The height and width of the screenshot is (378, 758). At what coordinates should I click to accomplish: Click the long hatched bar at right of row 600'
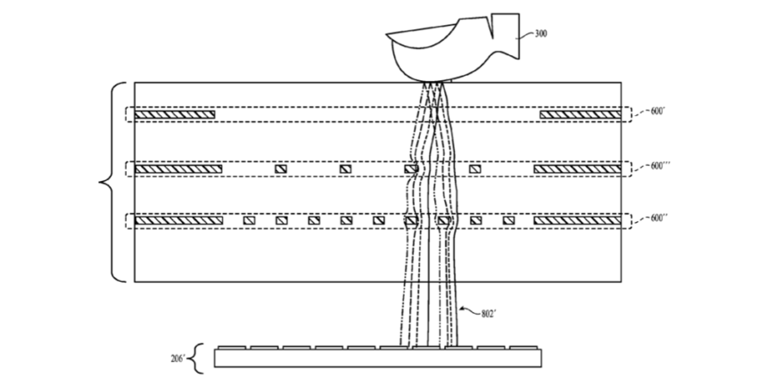[580, 114]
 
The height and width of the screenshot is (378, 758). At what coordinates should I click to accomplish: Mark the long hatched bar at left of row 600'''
[177, 168]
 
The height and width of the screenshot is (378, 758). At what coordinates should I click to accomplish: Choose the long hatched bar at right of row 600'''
[576, 168]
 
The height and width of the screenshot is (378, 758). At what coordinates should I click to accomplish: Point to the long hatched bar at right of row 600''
[576, 219]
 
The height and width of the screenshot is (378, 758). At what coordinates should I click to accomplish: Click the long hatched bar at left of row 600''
[178, 219]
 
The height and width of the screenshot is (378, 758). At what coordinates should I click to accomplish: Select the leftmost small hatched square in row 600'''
[281, 168]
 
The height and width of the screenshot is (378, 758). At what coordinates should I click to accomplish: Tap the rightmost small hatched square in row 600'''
[475, 168]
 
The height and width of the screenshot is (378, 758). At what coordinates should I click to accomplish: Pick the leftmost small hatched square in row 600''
[249, 219]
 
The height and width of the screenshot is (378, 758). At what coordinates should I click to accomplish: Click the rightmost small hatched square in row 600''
[507, 219]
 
